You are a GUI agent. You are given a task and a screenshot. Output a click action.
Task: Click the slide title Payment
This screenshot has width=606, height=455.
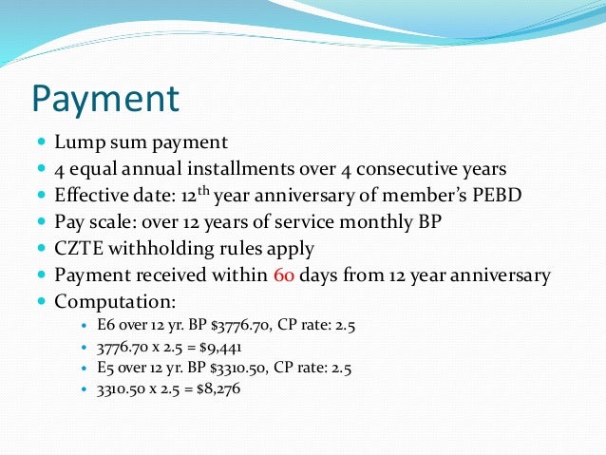(x=105, y=99)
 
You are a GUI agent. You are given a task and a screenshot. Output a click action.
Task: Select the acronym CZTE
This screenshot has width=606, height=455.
(x=80, y=250)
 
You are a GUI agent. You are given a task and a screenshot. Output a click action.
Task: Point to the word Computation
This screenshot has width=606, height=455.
(x=115, y=303)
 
